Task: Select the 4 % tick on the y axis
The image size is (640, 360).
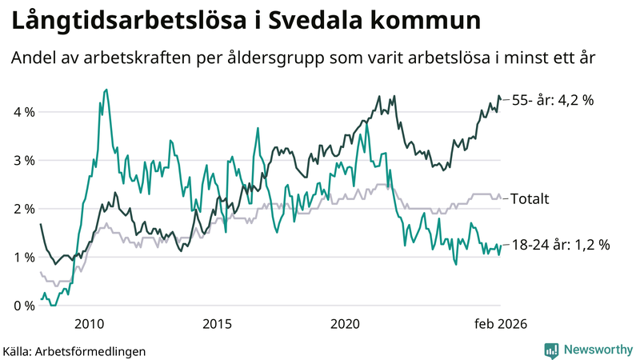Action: (x=22, y=112)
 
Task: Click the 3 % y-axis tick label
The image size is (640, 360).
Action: (x=22, y=161)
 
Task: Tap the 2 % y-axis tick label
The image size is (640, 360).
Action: (x=22, y=209)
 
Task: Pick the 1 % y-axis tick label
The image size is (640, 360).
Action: (x=22, y=258)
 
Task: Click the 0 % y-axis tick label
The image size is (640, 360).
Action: (x=22, y=306)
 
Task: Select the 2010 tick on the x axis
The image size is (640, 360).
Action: (x=89, y=323)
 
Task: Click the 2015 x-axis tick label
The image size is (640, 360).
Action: (x=217, y=323)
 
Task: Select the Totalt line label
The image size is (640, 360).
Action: (x=530, y=198)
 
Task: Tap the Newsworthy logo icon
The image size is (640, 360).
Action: (x=551, y=350)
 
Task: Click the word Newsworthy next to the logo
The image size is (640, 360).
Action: (x=596, y=350)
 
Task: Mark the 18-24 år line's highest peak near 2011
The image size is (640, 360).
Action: (x=106, y=90)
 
